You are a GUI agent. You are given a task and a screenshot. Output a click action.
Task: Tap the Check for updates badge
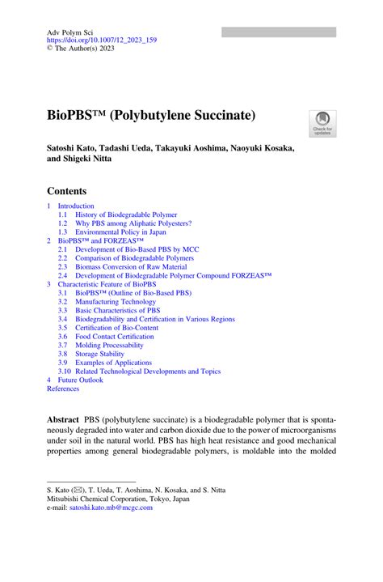pos(322,123)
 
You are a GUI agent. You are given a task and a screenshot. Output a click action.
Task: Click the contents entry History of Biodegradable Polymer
pos(120,215)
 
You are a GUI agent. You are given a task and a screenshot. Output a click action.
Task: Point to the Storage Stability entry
pos(100,354)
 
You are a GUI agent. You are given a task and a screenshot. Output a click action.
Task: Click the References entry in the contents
pos(63,389)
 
